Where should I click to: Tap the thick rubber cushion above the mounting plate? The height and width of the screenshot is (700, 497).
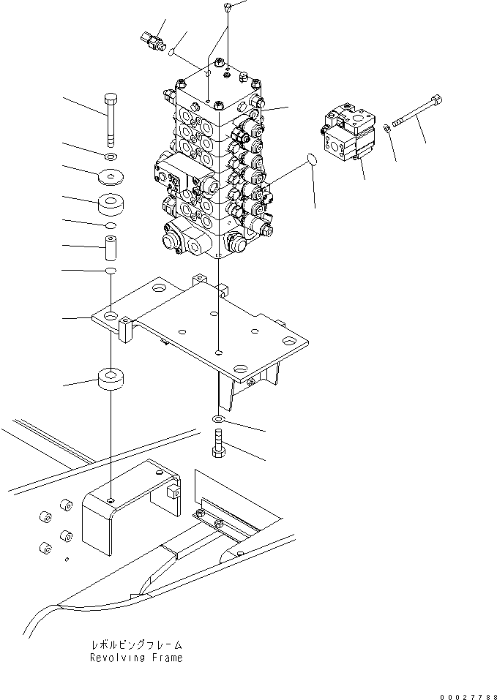tap(111, 205)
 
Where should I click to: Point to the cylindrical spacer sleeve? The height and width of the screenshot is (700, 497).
tap(110, 248)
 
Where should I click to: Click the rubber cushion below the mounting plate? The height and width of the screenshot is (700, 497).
tap(110, 382)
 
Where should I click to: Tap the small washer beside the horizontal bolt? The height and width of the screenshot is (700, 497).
tap(386, 129)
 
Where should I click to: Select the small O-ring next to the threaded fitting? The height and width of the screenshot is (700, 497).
tap(171, 53)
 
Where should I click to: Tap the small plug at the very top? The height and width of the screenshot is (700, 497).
tap(228, 7)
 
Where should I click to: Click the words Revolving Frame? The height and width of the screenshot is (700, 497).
tap(136, 658)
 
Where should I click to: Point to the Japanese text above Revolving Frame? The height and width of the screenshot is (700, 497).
tap(136, 645)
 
